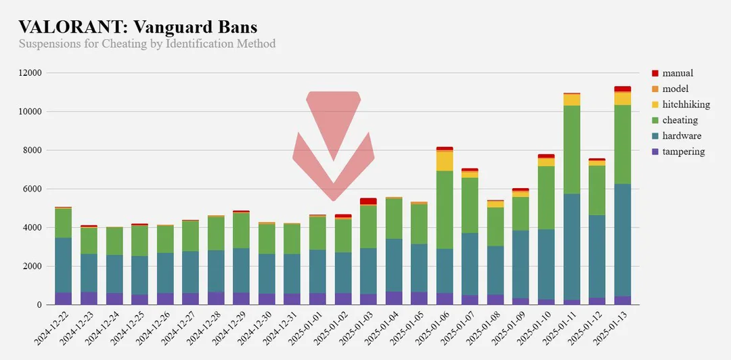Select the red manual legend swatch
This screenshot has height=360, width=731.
[x=655, y=73]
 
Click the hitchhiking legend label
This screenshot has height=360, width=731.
[x=686, y=104]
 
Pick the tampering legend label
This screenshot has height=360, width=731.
[x=684, y=152]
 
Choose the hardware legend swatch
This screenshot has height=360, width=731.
[x=655, y=136]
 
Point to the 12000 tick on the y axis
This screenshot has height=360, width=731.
[x=30, y=73]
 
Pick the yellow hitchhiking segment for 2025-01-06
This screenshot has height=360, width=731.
[x=445, y=161]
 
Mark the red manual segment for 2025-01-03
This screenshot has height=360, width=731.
[x=368, y=201]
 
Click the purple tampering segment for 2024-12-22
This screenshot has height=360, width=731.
[x=64, y=298]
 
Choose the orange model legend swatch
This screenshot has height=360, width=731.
[x=655, y=89]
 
